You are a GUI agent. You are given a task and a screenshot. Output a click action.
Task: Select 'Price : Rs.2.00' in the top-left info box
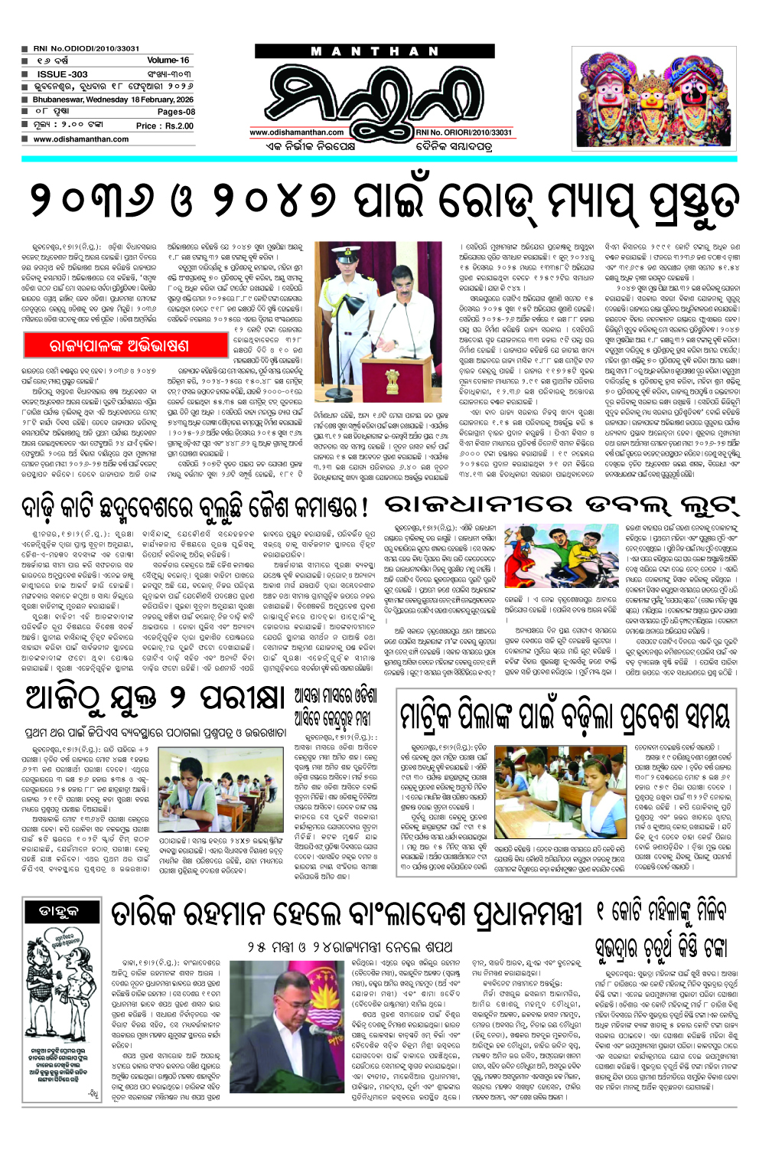[x=165, y=126]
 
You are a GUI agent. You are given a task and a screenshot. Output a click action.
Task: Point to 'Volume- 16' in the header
[x=168, y=60]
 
